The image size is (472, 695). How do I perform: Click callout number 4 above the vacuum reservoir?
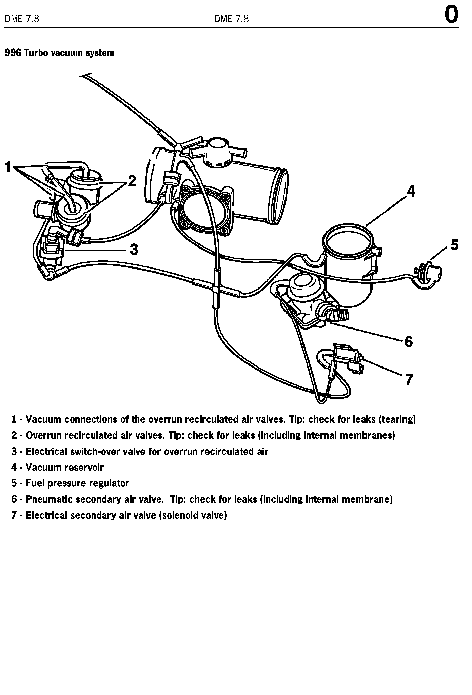[x=411, y=192]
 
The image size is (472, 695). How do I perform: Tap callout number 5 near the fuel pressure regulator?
[x=454, y=244]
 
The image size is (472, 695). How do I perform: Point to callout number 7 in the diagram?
[x=409, y=380]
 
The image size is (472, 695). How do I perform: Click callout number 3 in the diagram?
[x=134, y=250]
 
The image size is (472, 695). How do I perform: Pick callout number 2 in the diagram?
[x=132, y=181]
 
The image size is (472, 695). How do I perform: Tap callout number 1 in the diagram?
[x=8, y=167]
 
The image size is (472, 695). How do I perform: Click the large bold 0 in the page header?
[x=451, y=15]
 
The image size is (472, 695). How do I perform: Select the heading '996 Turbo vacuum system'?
[x=59, y=53]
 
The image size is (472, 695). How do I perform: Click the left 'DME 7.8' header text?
[x=22, y=19]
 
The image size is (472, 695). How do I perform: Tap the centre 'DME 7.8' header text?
[x=231, y=19]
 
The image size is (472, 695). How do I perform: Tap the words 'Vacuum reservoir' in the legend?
[x=65, y=468]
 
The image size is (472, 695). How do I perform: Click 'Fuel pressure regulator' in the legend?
[x=77, y=483]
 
